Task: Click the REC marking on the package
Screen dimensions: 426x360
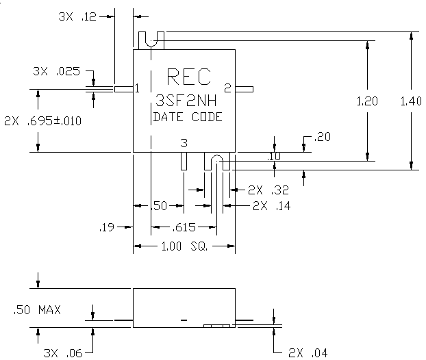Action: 189,77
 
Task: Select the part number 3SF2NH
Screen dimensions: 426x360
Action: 186,101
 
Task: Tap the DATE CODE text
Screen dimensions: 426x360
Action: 188,117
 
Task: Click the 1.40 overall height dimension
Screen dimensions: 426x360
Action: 411,101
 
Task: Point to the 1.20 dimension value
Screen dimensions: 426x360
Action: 367,101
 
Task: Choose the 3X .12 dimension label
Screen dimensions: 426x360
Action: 77,17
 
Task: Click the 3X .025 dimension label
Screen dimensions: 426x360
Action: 57,71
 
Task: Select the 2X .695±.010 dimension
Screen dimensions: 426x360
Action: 42,121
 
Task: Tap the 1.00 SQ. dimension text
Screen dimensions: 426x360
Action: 184,246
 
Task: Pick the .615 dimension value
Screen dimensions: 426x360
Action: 184,227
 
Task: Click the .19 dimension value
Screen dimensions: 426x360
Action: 107,227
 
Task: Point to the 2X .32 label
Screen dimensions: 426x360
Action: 268,190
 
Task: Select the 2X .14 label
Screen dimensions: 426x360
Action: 271,206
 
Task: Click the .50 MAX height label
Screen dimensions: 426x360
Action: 37,310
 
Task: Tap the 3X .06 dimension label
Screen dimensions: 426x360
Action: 63,353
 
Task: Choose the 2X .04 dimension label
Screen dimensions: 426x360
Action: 308,353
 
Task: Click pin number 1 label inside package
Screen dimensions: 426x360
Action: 137,88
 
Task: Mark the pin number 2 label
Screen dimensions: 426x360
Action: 227,88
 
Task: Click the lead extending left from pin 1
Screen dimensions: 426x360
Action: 124,89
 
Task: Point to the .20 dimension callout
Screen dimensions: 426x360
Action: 322,137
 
